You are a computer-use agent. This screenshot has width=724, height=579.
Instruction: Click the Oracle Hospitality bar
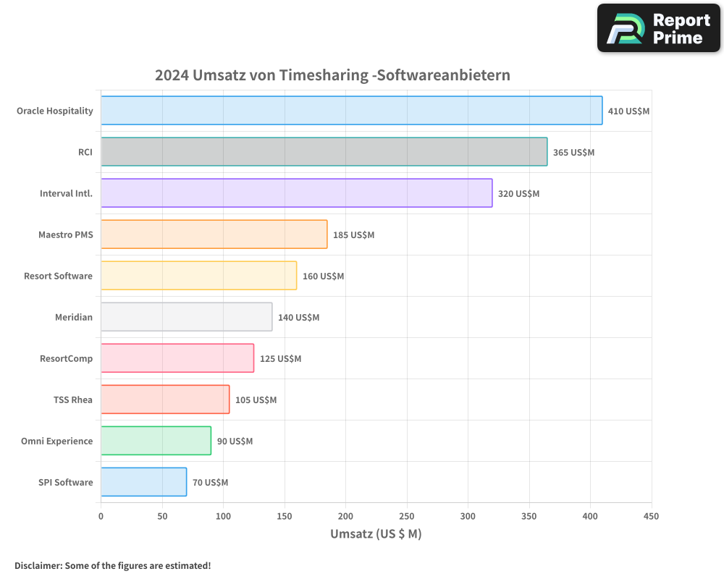(x=351, y=111)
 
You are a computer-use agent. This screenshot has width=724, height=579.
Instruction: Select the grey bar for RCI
(x=324, y=152)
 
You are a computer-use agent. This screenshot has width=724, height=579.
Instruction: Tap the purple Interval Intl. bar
(x=296, y=193)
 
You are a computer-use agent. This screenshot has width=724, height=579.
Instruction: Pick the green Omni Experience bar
(x=156, y=441)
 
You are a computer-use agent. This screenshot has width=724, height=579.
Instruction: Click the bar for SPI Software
(x=143, y=482)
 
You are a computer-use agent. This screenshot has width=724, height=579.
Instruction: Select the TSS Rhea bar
(x=165, y=400)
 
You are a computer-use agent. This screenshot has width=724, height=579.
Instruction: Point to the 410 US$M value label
(x=628, y=111)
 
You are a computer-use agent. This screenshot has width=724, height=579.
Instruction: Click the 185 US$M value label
(x=353, y=235)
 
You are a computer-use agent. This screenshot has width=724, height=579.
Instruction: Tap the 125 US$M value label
(x=280, y=359)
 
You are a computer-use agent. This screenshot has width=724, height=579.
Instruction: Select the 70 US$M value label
(x=210, y=483)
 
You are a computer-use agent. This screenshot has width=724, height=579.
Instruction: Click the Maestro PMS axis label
(x=65, y=234)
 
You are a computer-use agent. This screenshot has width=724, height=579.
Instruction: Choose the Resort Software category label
(x=58, y=276)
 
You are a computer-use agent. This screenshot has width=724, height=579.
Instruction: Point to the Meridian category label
(x=74, y=317)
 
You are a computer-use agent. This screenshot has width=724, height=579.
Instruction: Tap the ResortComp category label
(x=66, y=358)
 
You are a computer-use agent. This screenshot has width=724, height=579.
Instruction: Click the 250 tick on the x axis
(x=407, y=516)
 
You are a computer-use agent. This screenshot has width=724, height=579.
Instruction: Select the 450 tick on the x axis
(x=651, y=516)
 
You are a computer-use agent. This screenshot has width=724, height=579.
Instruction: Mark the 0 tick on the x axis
(x=101, y=516)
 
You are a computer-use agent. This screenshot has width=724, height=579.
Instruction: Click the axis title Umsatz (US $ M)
(x=376, y=534)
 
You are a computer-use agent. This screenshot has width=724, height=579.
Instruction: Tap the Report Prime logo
(x=658, y=28)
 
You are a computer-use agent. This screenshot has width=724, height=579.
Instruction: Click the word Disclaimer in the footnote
(x=37, y=565)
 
